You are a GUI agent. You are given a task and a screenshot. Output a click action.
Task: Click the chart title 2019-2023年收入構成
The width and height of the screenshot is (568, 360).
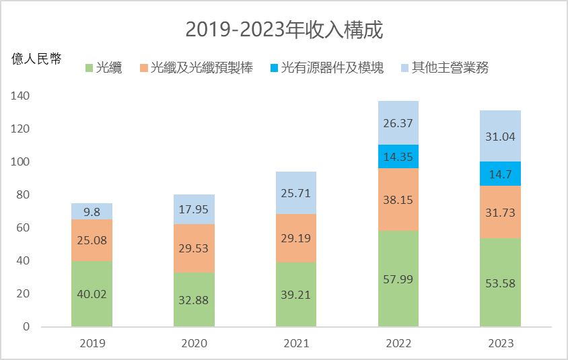(x=283, y=30)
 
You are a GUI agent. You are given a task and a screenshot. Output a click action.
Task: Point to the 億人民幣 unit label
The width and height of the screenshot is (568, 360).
(x=36, y=59)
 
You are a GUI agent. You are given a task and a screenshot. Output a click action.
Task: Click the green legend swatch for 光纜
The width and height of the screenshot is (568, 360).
(x=90, y=68)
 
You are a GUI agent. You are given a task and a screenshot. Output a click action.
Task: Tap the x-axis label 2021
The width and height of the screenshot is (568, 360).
(x=295, y=343)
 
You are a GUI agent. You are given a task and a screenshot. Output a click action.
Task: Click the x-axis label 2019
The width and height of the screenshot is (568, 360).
(x=92, y=343)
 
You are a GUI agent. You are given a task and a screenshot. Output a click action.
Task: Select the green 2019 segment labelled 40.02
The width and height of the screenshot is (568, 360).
(x=92, y=293)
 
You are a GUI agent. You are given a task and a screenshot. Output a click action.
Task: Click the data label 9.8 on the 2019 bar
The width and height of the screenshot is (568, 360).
(x=92, y=211)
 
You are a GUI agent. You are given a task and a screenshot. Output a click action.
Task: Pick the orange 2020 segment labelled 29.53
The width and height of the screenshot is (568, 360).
(x=194, y=248)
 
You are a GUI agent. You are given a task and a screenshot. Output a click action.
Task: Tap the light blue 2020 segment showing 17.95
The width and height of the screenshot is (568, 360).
(x=194, y=209)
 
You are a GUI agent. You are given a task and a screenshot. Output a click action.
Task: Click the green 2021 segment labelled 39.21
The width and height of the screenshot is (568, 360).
(x=295, y=294)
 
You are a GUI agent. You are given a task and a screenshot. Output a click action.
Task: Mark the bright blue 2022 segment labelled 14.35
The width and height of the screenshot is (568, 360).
(x=398, y=156)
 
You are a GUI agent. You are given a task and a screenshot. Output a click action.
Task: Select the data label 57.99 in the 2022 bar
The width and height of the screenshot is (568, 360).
(x=398, y=279)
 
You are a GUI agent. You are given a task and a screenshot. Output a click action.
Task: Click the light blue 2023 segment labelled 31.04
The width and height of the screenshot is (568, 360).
(x=500, y=136)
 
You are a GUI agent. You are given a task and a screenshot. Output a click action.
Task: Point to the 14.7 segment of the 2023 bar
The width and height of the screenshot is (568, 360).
(x=500, y=174)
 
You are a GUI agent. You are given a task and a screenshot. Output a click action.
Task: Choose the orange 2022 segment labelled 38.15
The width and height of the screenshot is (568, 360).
(x=398, y=200)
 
